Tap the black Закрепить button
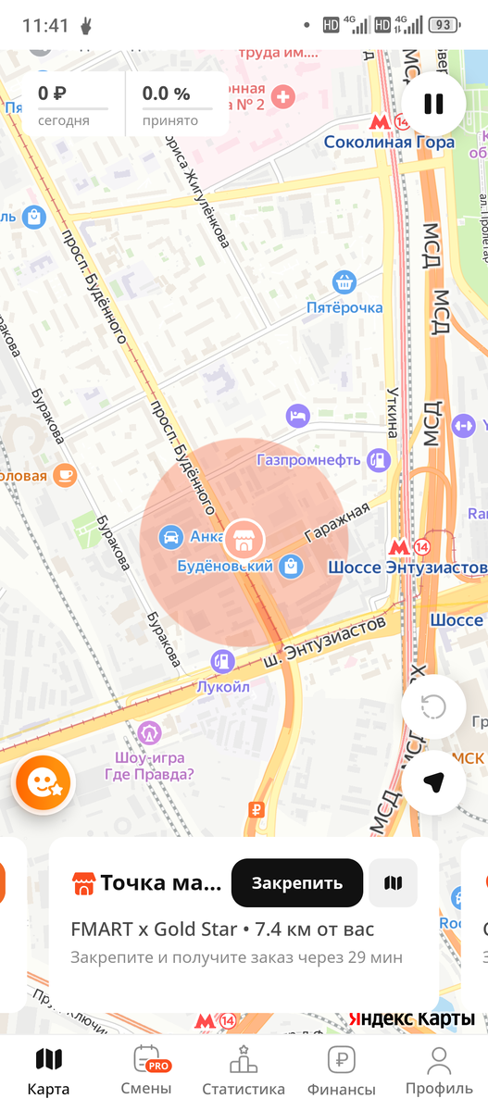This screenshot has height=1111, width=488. pyautogui.click(x=296, y=882)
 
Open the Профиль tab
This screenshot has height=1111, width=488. pyautogui.click(x=439, y=1071)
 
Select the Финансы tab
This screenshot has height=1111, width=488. pyautogui.click(x=341, y=1071)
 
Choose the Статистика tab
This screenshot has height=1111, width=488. pyautogui.click(x=244, y=1071)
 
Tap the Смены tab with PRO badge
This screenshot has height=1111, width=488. pyautogui.click(x=146, y=1071)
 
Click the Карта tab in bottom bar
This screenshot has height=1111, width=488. pyautogui.click(x=48, y=1071)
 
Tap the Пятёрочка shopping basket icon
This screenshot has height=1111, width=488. pyautogui.click(x=344, y=281)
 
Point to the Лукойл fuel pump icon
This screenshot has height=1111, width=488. pyautogui.click(x=222, y=661)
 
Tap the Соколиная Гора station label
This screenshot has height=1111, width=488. pyautogui.click(x=389, y=143)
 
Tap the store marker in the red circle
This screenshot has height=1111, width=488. pyautogui.click(x=244, y=537)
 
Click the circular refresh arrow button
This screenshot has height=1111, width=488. pyautogui.click(x=433, y=707)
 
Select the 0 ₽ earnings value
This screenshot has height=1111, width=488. pyautogui.click(x=52, y=94)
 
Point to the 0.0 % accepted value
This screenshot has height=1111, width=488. pyautogui.click(x=166, y=94)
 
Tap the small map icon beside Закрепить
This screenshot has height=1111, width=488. pyautogui.click(x=393, y=882)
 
